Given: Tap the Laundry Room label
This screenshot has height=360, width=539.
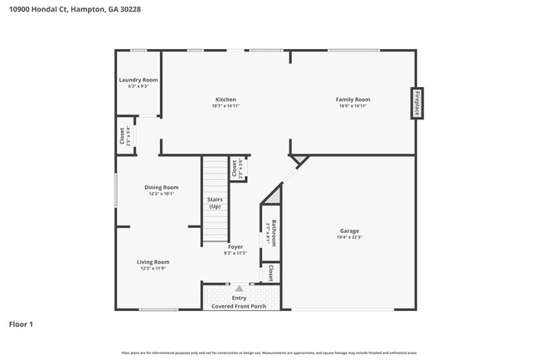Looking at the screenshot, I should [x=138, y=80].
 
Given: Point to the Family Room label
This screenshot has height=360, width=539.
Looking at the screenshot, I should [x=352, y=100].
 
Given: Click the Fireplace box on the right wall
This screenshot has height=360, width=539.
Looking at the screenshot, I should [x=417, y=104].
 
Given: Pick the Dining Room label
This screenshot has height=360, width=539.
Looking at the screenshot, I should [x=162, y=187].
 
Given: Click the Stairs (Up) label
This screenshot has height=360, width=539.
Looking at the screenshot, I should [x=215, y=202].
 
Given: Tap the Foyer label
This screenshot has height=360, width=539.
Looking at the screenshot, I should [x=236, y=246].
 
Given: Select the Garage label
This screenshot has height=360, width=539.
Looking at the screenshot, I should [x=349, y=231].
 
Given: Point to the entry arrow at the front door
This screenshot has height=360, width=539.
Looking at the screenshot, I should [x=239, y=289].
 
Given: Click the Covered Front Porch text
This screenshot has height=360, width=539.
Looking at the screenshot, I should [x=239, y=306].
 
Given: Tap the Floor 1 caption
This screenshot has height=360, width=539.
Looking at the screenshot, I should [x=22, y=324].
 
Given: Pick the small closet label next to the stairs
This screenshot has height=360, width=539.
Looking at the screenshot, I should [x=236, y=168].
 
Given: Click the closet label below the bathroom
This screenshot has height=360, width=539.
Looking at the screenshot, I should [x=271, y=273].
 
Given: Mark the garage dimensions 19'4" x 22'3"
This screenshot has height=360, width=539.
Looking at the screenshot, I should [x=349, y=237].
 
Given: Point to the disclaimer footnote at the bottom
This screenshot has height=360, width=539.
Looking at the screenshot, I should [x=269, y=353].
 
